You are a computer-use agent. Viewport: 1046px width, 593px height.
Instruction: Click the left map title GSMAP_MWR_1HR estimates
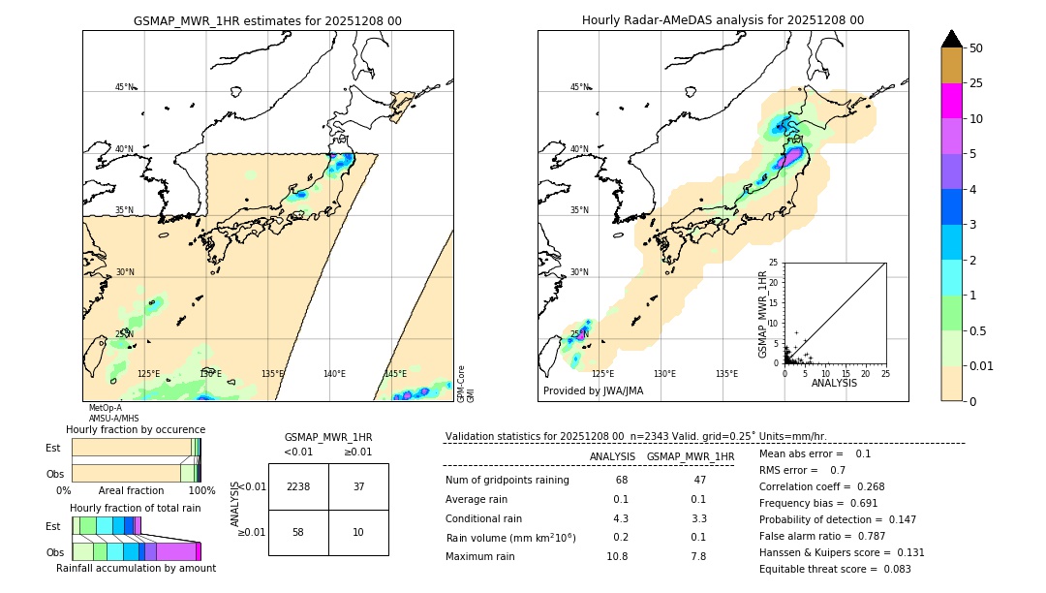[267, 19]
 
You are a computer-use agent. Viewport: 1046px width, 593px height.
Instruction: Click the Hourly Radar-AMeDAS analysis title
[723, 19]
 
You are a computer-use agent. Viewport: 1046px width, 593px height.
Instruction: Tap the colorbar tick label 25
[976, 83]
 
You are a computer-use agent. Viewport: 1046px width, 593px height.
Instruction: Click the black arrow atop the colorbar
[952, 39]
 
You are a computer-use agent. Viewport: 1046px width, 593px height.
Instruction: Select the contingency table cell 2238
[298, 487]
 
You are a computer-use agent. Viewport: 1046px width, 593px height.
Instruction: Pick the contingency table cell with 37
[358, 487]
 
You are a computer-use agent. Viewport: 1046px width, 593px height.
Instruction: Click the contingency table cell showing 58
[298, 533]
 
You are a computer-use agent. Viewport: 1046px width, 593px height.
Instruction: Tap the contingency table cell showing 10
[358, 533]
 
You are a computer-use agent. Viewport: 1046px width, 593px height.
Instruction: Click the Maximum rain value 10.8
[617, 556]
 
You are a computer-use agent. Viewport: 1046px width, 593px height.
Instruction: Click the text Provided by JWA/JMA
[593, 391]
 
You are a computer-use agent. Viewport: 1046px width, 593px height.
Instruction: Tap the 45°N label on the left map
[124, 87]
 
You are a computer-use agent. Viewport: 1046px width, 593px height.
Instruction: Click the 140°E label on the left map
[334, 374]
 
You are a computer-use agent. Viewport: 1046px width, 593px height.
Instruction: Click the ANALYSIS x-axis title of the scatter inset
[834, 383]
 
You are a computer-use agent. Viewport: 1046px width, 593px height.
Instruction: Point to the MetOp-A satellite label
[105, 408]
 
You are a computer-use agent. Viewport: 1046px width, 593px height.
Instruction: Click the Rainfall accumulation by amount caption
[136, 569]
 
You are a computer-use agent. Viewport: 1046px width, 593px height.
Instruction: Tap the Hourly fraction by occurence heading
[136, 429]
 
